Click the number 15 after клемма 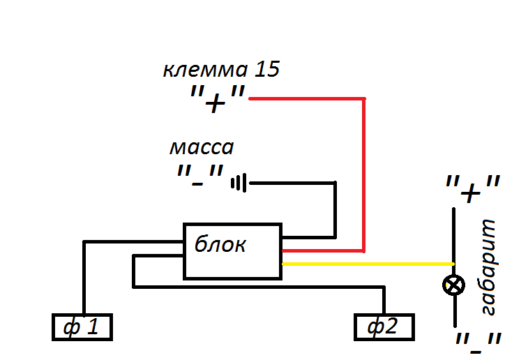[x=267, y=70]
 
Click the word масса [x=202, y=148]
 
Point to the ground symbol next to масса [x=239, y=183]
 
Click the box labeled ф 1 [x=82, y=327]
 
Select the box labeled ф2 [x=384, y=327]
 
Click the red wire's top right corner [x=363, y=99]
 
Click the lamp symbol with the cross [x=455, y=285]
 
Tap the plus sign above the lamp [x=472, y=190]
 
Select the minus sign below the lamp [x=478, y=344]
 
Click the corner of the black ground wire [x=335, y=183]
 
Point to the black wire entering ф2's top [x=384, y=301]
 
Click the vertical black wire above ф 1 [x=84, y=279]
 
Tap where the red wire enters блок [x=284, y=250]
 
